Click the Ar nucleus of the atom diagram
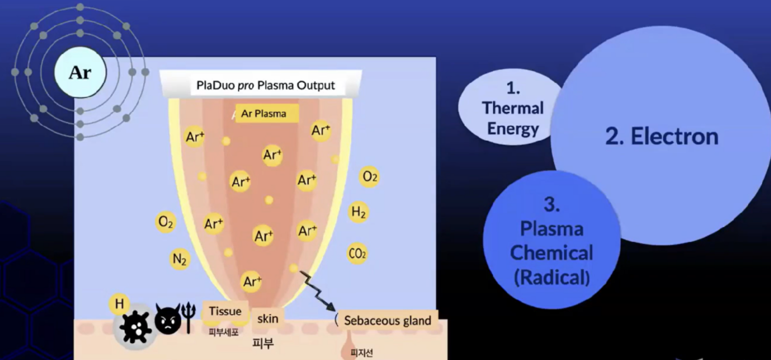click(80, 73)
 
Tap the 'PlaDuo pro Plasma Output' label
click(265, 85)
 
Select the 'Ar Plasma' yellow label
click(267, 113)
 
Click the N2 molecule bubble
click(179, 259)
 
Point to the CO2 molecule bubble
click(357, 254)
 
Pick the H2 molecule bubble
click(358, 212)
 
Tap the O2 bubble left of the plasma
click(166, 222)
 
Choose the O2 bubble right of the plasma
click(370, 177)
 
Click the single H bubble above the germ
click(119, 304)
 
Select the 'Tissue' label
click(225, 311)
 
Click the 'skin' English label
click(268, 319)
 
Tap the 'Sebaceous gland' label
click(387, 321)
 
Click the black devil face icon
click(168, 319)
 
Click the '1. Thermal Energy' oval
click(510, 107)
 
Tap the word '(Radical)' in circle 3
click(552, 277)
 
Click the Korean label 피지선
click(362, 353)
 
